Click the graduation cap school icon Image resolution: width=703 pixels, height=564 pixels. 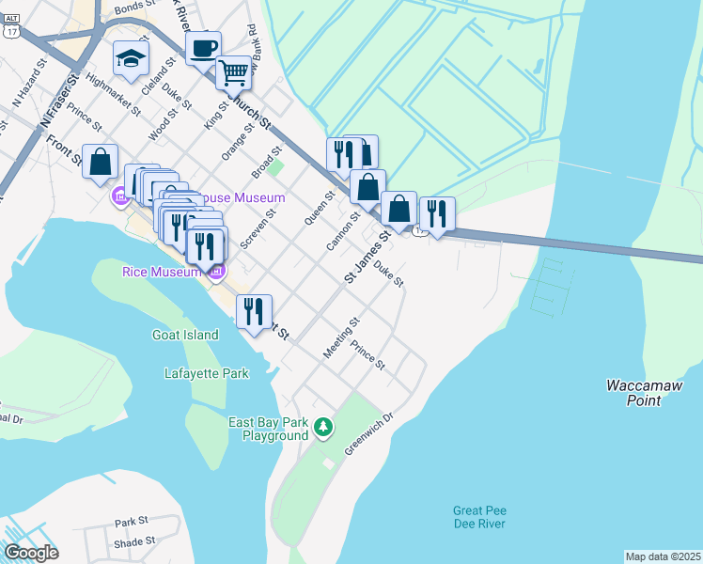[131, 59]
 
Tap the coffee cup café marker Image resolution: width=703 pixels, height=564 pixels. [203, 47]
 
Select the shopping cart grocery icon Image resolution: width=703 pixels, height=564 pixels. [232, 71]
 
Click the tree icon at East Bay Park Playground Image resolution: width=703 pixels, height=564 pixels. [323, 429]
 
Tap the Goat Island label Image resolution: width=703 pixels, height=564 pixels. [184, 334]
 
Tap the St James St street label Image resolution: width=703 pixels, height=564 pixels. [367, 257]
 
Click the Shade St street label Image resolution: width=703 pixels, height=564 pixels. [134, 541]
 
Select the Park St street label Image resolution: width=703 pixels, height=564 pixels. [132, 521]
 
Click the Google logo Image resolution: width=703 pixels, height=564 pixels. [30, 553]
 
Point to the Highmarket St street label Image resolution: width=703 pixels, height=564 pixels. [111, 94]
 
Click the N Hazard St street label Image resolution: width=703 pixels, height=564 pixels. [29, 84]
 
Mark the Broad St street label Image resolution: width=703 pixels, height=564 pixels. [267, 161]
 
